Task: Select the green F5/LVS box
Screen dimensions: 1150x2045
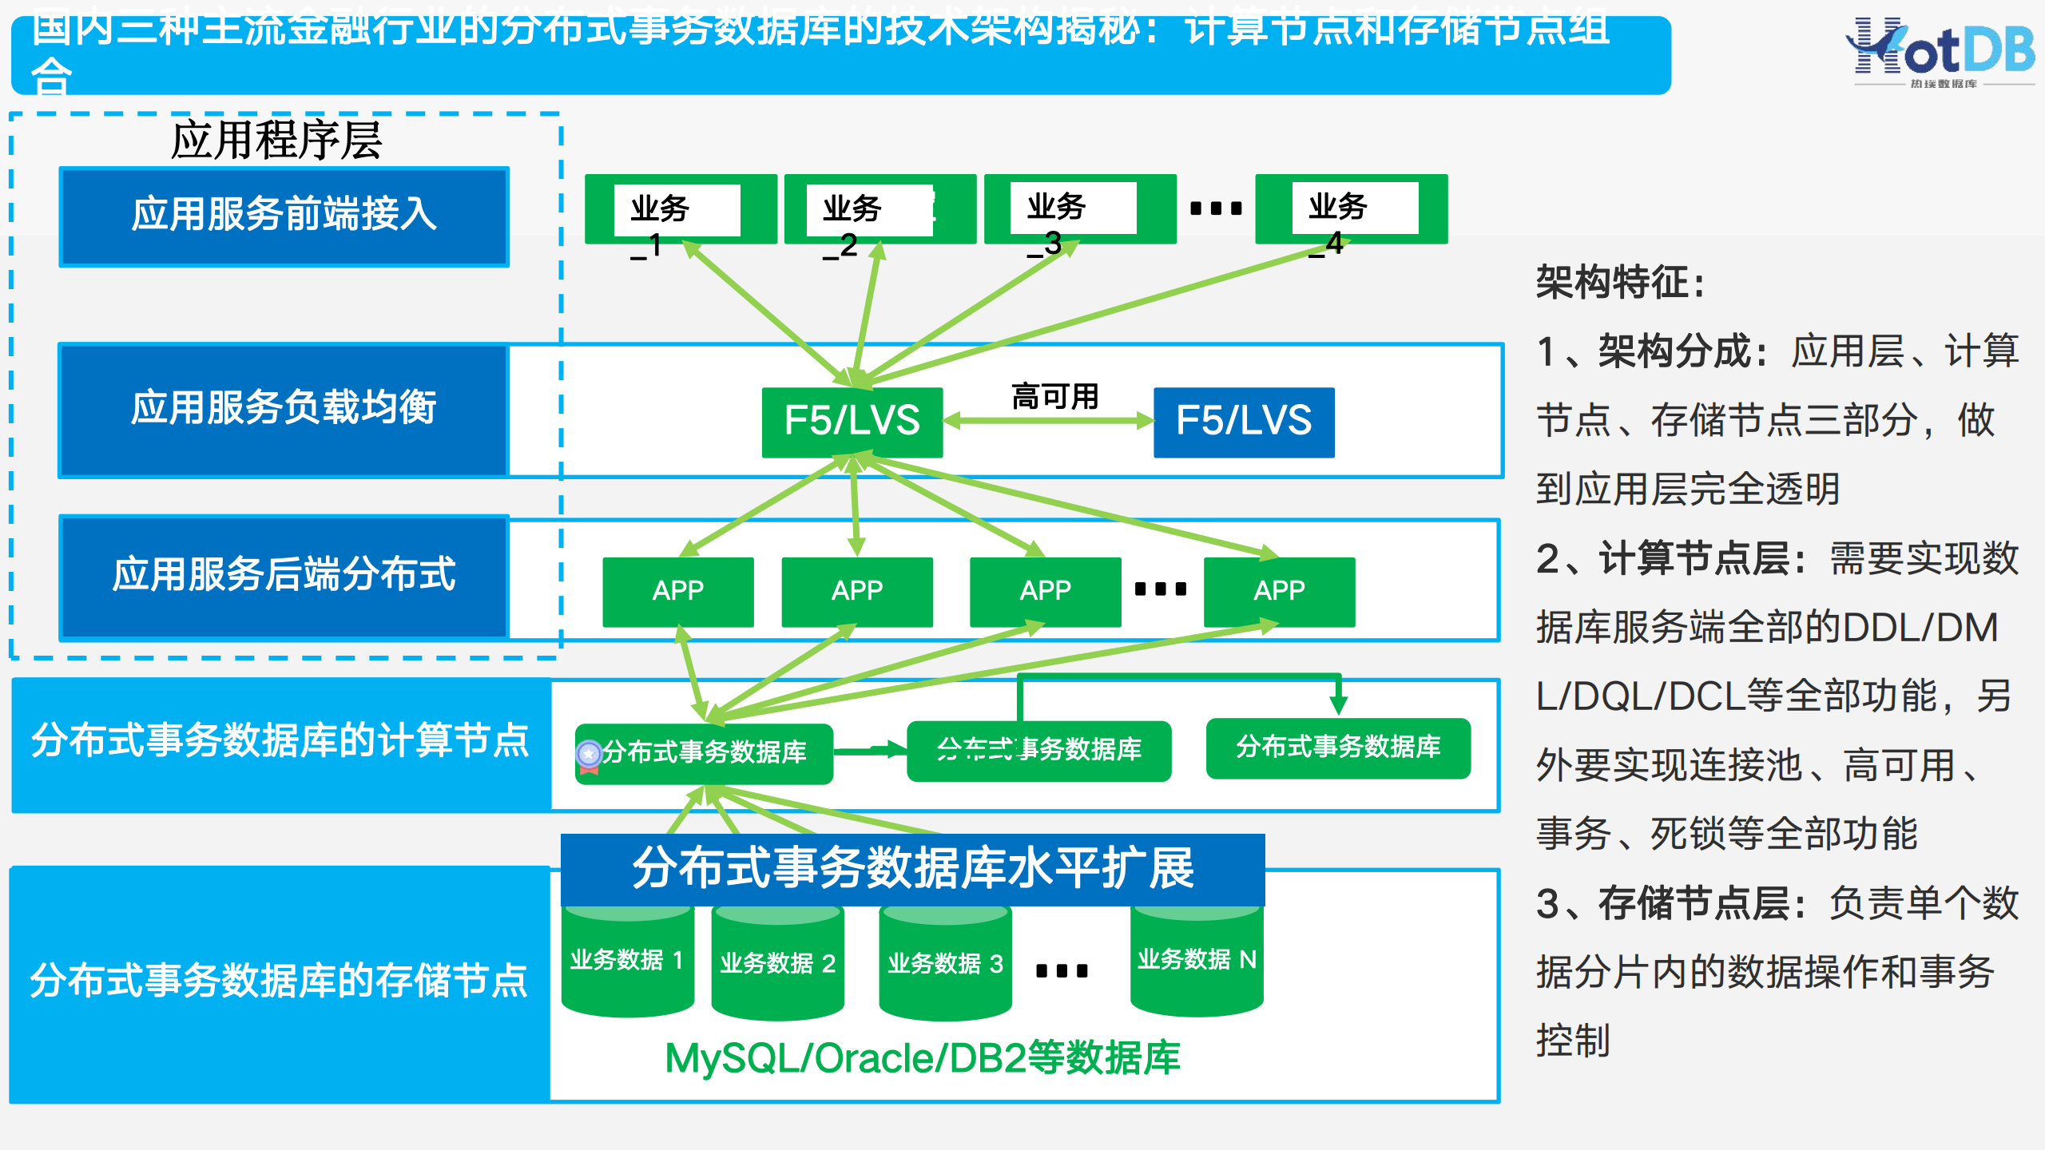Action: pos(852,421)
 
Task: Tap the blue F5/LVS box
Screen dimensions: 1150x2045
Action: pos(1244,421)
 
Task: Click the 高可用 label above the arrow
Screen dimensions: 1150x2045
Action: pos(1054,396)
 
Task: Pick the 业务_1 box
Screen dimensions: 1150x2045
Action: pos(680,209)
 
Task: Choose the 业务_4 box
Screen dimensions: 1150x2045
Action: pos(1351,209)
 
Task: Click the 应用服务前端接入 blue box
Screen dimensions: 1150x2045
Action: pos(284,216)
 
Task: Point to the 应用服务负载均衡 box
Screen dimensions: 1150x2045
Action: pos(284,409)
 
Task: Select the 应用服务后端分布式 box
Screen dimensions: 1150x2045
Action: pos(284,576)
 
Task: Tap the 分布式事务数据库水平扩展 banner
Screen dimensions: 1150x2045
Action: pos(912,869)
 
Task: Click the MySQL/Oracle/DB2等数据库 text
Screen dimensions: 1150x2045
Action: pos(922,1057)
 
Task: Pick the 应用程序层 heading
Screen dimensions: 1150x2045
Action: pos(276,141)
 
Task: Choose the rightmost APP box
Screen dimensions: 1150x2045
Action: pos(1279,591)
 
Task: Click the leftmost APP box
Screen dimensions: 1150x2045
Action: pos(678,591)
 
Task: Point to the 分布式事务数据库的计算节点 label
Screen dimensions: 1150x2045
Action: pos(280,741)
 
